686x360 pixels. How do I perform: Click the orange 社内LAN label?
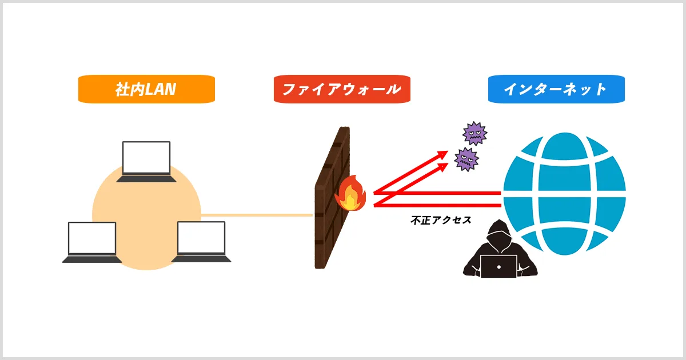[x=146, y=90]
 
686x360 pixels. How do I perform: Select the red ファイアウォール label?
[x=342, y=90]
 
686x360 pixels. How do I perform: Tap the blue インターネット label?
[x=556, y=90]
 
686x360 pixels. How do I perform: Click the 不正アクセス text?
[x=441, y=220]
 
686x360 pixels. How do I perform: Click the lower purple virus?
[x=466, y=159]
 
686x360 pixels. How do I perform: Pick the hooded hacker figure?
[x=498, y=251]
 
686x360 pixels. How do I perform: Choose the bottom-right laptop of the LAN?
[x=201, y=242]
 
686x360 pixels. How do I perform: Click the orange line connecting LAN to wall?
[x=257, y=215]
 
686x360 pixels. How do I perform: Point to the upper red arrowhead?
[x=444, y=153]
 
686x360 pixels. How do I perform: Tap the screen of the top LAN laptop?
[x=146, y=158]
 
